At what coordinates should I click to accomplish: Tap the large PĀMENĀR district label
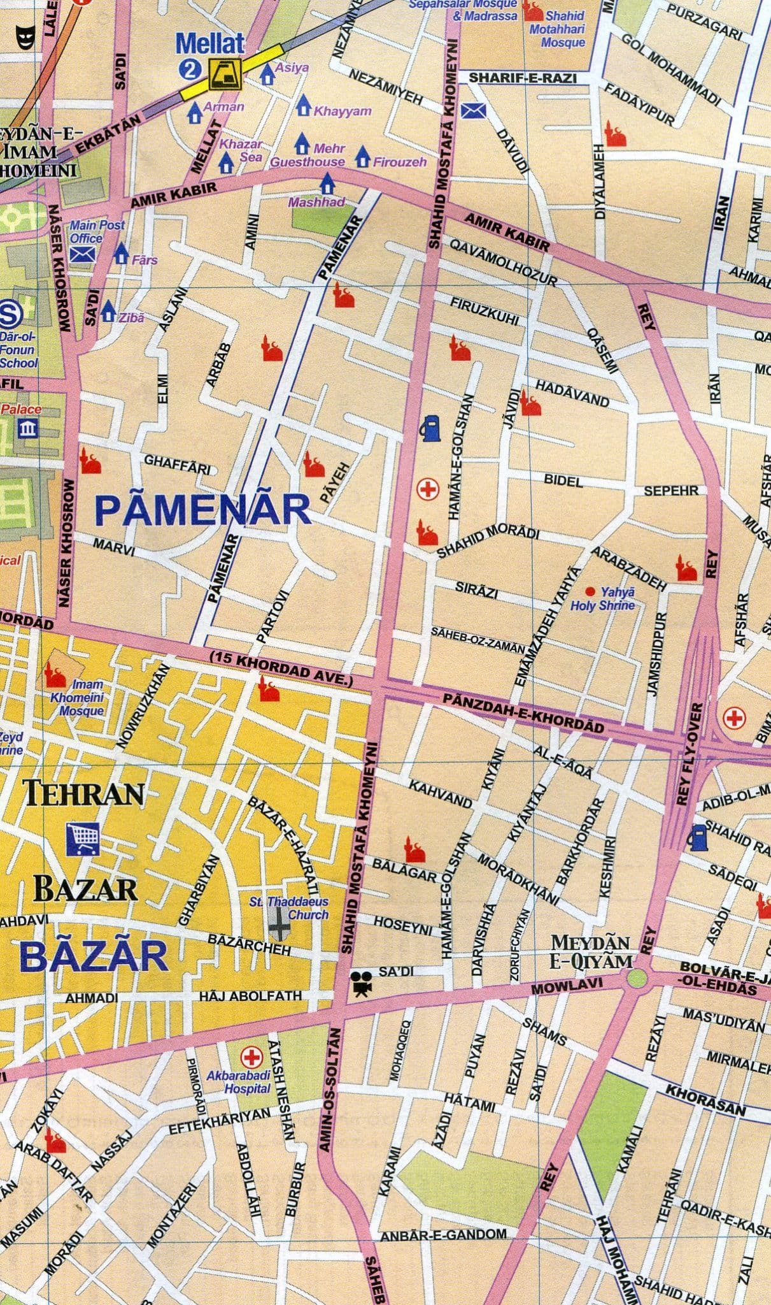[x=202, y=510]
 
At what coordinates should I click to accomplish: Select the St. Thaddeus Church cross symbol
[x=279, y=925]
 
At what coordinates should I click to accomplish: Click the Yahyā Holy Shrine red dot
[x=589, y=591]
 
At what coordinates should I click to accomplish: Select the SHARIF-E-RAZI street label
[x=522, y=78]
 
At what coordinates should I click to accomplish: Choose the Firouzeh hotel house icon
[x=364, y=155]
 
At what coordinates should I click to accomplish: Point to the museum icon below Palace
[x=27, y=428]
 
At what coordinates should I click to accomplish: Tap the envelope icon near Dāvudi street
[x=473, y=111]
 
